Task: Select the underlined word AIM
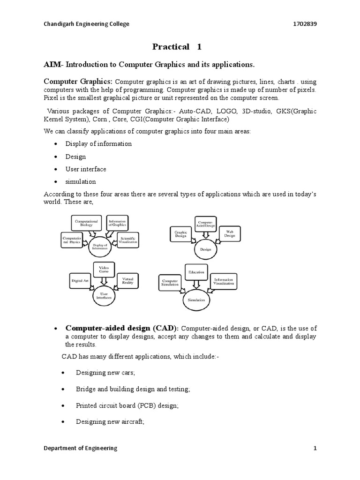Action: point(53,64)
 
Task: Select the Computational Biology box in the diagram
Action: point(87,222)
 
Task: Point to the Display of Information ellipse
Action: point(99,246)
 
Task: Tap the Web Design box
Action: point(230,233)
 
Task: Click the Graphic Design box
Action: point(181,233)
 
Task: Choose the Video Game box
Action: point(104,270)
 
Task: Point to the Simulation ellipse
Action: point(194,299)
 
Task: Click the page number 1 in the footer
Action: point(315,448)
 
